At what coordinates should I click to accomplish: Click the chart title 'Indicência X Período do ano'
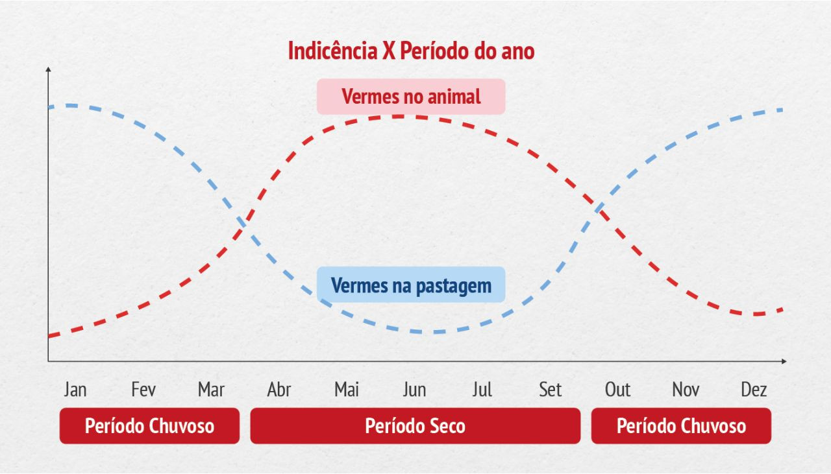pos(411,51)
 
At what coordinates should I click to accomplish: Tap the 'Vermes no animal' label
pos(411,97)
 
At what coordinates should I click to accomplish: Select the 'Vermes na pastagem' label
pos(411,285)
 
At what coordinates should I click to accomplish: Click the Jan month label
pos(75,390)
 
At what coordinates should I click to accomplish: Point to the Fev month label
pos(143,390)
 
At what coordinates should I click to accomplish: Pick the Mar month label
pos(211,390)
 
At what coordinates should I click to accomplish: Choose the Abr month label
pos(279,390)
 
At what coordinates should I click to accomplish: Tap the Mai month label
pos(347,390)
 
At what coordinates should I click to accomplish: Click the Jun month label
pos(414,390)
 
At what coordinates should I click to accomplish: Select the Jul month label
pos(482,390)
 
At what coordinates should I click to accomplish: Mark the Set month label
pos(550,390)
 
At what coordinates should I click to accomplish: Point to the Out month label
pos(617,390)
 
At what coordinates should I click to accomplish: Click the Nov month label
pos(686,390)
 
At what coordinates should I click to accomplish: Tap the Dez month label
pos(754,390)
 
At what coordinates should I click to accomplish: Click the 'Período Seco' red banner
pos(415,426)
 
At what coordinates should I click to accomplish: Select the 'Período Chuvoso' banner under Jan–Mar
pos(149,426)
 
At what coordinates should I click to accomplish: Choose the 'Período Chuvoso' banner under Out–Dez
pos(681,426)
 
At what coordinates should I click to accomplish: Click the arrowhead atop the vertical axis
pos(48,69)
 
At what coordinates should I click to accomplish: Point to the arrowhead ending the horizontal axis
pos(784,361)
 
